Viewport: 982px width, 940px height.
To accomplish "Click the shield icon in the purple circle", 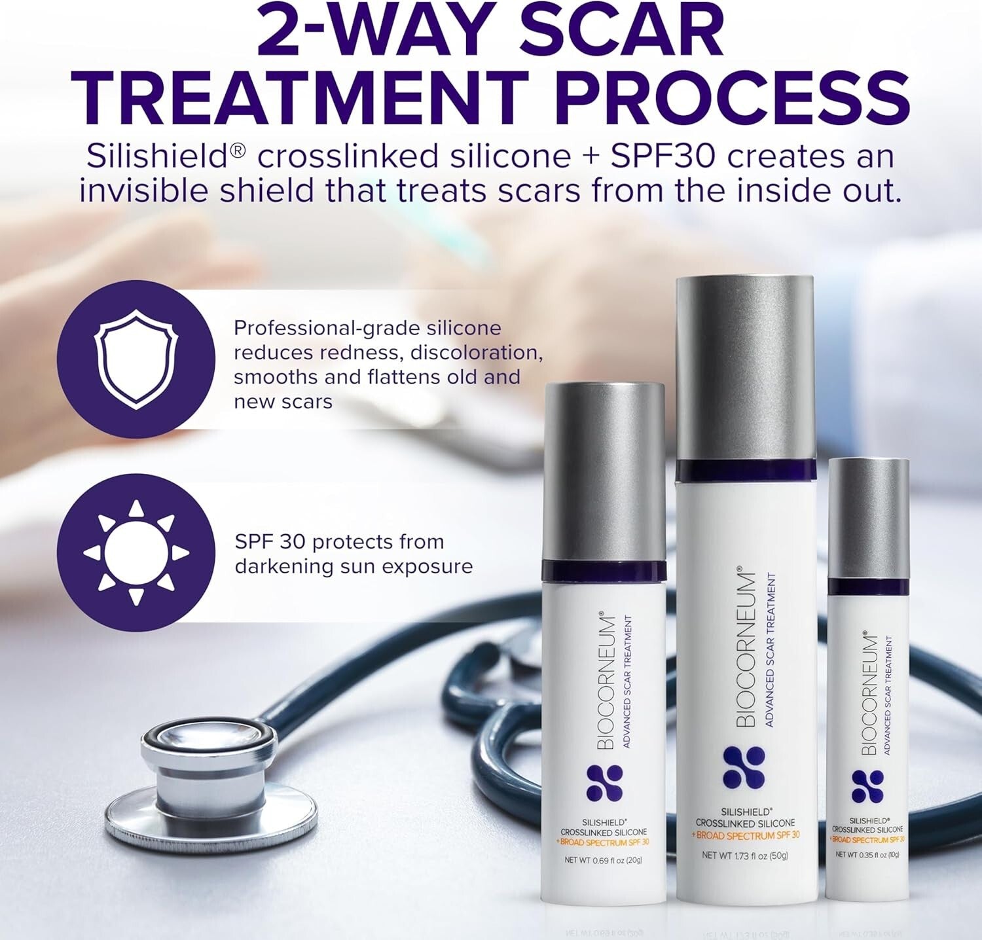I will [136, 359].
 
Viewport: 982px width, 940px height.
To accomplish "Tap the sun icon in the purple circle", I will [136, 552].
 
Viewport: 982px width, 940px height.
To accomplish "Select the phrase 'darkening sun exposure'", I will [354, 566].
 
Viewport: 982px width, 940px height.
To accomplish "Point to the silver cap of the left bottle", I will [604, 471].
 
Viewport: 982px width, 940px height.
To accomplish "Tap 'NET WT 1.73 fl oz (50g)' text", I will [745, 856].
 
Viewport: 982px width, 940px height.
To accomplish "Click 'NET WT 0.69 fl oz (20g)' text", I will [603, 860].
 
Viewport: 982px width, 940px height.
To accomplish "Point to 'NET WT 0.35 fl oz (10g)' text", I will [868, 855].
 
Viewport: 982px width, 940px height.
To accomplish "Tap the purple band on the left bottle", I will [604, 570].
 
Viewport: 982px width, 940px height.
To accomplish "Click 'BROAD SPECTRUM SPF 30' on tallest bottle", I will [746, 835].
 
